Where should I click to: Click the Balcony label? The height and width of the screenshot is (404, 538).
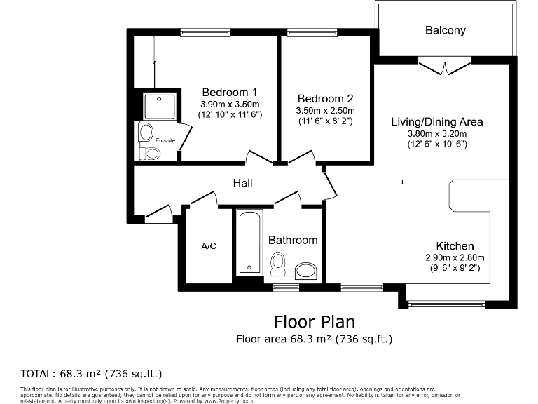pyautogui.click(x=445, y=30)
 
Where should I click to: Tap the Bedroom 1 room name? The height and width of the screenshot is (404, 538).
pyautogui.click(x=230, y=92)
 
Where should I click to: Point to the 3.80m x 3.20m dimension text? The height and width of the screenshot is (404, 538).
pyautogui.click(x=436, y=133)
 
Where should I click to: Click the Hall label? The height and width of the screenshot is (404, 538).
pyautogui.click(x=242, y=183)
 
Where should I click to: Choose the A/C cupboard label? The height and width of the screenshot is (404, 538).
pyautogui.click(x=209, y=245)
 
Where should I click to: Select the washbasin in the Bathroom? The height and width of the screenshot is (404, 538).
pyautogui.click(x=305, y=270)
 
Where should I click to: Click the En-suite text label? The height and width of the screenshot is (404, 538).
pyautogui.click(x=165, y=140)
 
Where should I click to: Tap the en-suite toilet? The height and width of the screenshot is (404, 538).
pyautogui.click(x=150, y=153)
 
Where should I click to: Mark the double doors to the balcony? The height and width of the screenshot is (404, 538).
pyautogui.click(x=444, y=67)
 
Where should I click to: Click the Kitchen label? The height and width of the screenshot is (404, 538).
pyautogui.click(x=455, y=245)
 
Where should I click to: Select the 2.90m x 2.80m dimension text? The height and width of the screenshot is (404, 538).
pyautogui.click(x=455, y=257)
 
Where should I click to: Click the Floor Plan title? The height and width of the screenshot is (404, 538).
pyautogui.click(x=314, y=321)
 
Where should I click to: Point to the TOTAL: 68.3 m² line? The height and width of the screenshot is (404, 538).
pyautogui.click(x=85, y=372)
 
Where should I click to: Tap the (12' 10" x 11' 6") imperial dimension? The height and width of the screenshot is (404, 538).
pyautogui.click(x=230, y=114)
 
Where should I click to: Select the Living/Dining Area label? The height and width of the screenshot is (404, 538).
pyautogui.click(x=436, y=121)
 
